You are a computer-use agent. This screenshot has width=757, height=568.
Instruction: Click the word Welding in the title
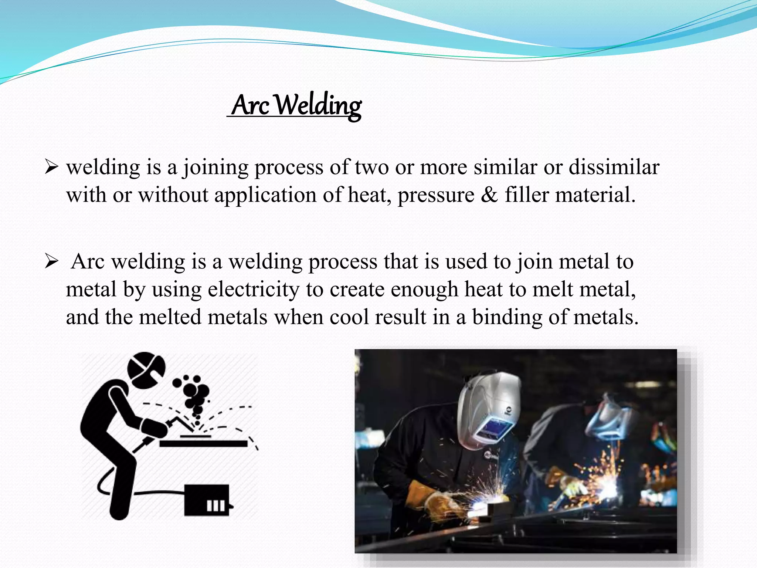point(318,106)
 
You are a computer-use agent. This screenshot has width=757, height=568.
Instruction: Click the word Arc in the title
point(250,106)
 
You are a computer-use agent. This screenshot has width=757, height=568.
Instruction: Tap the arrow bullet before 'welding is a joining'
point(51,167)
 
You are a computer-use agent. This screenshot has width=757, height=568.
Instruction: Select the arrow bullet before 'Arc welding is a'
point(51,262)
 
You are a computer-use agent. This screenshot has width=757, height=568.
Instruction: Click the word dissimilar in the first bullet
point(614,167)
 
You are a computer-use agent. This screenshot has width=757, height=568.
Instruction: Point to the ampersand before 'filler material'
point(489,195)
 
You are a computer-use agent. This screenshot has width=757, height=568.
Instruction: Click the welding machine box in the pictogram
point(207,500)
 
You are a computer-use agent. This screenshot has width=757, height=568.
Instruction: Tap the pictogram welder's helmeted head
point(146,370)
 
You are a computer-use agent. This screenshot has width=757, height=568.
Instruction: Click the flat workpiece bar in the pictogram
point(203,443)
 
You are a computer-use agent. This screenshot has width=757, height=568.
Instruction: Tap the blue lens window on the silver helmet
point(493,429)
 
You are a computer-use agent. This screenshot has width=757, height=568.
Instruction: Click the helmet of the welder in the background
point(610,418)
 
